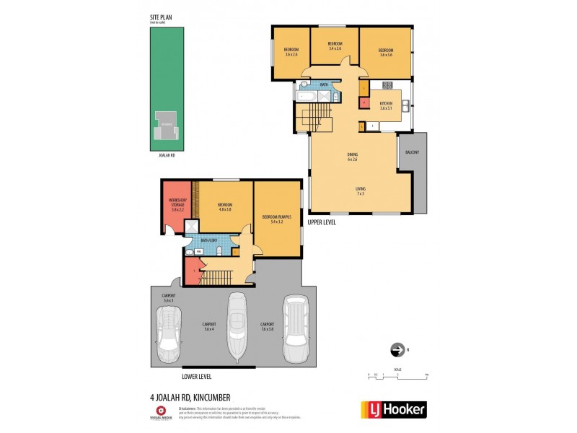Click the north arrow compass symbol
point(396,351)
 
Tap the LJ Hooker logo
point(393,410)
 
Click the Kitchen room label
point(386,105)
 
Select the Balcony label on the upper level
point(412,152)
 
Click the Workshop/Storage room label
point(177,205)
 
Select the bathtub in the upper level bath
point(305,95)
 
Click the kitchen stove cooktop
point(387,84)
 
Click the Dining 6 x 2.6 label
point(353,157)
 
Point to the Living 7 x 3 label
point(359,191)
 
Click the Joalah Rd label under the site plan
point(167,154)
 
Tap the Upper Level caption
point(322,222)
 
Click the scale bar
point(397,374)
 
